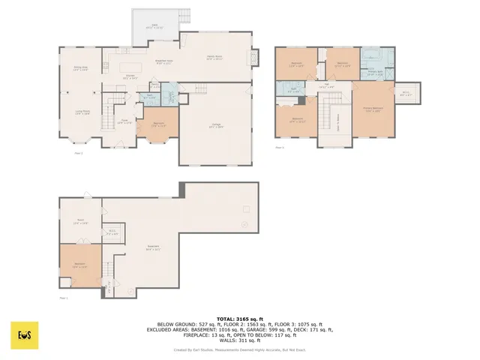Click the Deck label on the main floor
pyautogui.click(x=156, y=27)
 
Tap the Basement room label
pyautogui.click(x=154, y=248)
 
